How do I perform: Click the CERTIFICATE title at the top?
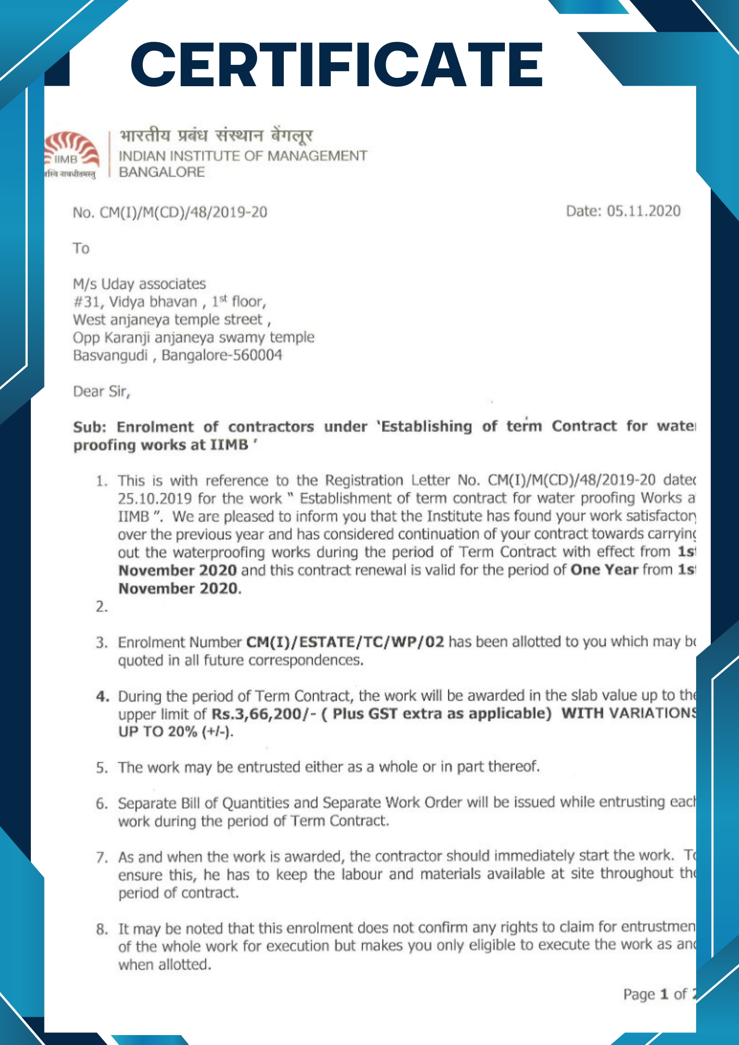click(337, 65)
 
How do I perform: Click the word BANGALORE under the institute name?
click(161, 172)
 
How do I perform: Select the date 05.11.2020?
click(643, 211)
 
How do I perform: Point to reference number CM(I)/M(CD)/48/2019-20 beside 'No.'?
click(183, 212)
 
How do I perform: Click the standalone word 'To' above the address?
click(81, 248)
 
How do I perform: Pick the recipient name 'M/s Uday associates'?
click(139, 284)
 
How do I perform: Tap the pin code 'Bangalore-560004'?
click(222, 355)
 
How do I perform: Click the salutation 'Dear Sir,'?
click(101, 391)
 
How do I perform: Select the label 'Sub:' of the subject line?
click(89, 427)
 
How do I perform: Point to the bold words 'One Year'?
click(604, 570)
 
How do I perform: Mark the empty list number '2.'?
click(101, 607)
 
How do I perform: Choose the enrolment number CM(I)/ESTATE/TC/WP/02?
click(345, 642)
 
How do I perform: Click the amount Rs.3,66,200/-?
click(263, 714)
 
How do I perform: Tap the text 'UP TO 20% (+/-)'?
click(175, 731)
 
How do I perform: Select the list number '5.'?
click(101, 768)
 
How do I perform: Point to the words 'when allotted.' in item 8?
click(165, 965)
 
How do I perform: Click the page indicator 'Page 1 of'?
click(655, 994)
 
